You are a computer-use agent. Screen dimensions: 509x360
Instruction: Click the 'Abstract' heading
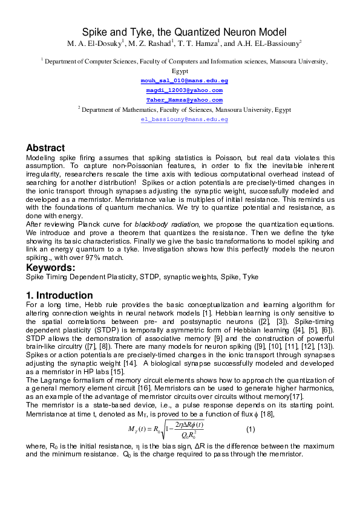click(45, 148)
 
